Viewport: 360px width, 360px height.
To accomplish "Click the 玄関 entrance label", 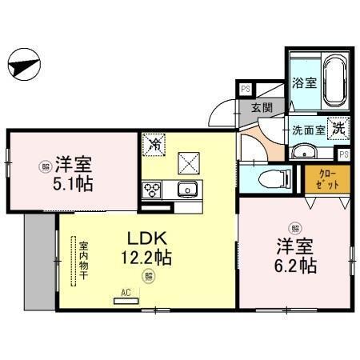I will [x=262, y=108].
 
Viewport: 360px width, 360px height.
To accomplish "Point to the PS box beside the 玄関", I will [x=245, y=90].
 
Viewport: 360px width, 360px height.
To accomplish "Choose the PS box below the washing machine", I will [x=343, y=154].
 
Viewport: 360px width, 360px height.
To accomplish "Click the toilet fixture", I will [x=267, y=178].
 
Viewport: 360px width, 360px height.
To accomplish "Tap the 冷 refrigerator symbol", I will [x=154, y=145].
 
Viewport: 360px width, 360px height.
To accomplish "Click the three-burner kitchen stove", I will [x=152, y=190].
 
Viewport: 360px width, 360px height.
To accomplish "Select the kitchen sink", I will [x=187, y=190].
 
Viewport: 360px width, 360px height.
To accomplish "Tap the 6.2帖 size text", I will [x=297, y=264].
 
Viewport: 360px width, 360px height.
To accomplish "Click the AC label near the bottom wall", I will [x=125, y=293].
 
